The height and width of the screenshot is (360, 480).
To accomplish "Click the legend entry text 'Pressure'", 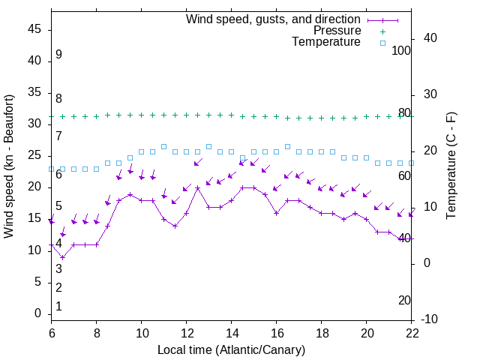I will coord(337,31).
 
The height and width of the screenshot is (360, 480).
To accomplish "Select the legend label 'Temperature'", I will coord(326,42).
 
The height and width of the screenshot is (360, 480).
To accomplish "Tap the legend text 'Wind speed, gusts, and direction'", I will coord(274,19).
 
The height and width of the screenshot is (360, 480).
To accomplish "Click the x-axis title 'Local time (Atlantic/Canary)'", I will coord(231,349).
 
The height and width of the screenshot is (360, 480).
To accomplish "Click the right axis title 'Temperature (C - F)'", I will coord(450,166).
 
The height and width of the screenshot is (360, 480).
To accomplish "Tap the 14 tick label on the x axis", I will coord(231,333).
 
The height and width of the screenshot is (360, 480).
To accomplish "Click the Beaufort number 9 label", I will coord(58,55).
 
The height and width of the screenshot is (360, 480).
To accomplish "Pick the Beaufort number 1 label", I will coord(58,306).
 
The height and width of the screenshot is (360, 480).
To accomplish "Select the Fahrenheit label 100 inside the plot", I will coord(402,50).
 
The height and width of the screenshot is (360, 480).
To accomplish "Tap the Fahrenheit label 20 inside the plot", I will coord(404,300).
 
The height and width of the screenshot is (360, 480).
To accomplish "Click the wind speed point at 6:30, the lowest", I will coord(63,256).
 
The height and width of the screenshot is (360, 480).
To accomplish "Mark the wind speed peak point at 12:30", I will coord(197,187).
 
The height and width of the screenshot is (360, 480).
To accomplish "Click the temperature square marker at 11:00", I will coord(163,146).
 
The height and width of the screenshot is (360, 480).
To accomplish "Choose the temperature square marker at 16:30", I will coord(287,146).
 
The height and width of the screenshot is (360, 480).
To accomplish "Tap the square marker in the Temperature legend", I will coord(382,43).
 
